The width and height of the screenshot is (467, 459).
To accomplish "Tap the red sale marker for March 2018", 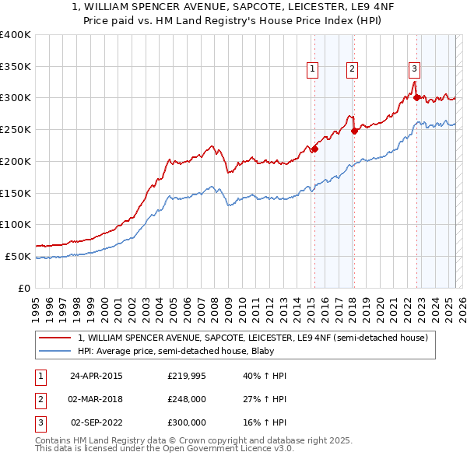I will tap(354, 131).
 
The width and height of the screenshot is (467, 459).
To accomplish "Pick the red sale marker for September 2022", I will tap(416, 97).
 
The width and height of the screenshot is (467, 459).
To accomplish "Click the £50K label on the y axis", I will tap(19, 256).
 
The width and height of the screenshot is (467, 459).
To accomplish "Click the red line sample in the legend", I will tap(55, 338).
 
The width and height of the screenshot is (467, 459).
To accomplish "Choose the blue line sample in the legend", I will tap(55, 351).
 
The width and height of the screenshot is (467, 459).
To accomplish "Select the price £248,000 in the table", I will tap(186, 399).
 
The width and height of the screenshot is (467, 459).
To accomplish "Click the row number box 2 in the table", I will tap(39, 399).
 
